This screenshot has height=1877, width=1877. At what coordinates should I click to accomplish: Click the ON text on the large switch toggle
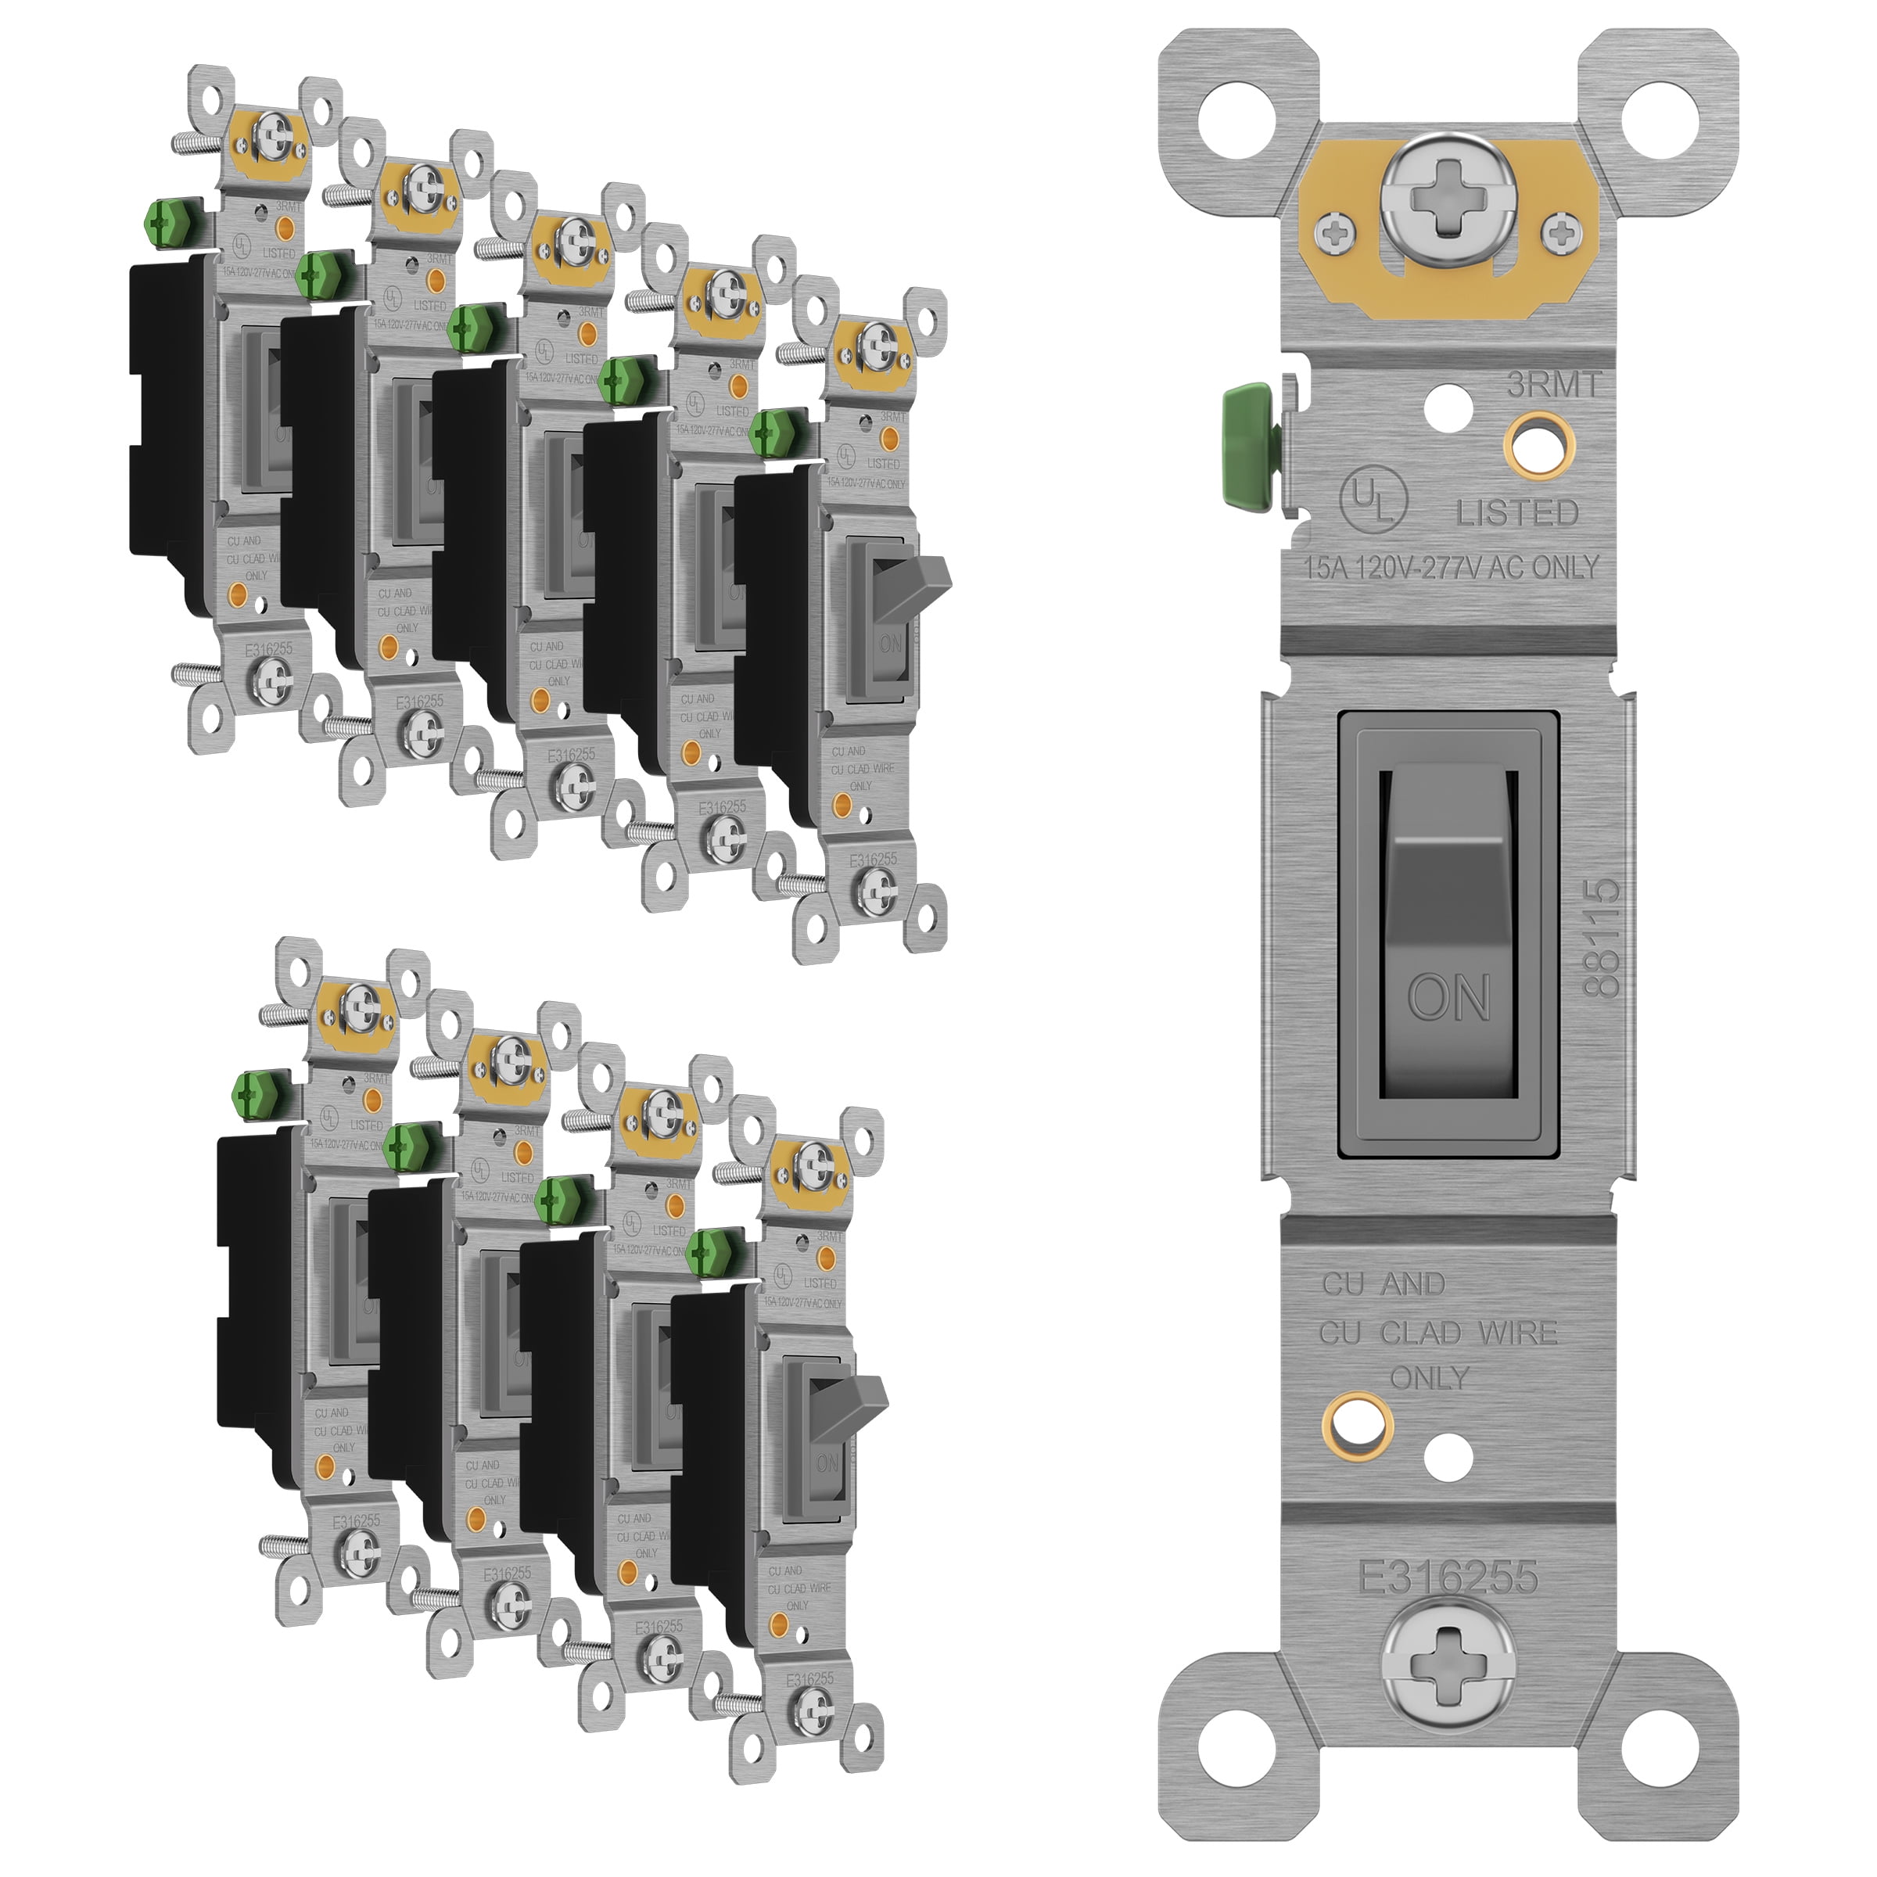pyautogui.click(x=1448, y=997)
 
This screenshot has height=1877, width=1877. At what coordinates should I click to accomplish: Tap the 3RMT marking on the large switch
pyautogui.click(x=1552, y=386)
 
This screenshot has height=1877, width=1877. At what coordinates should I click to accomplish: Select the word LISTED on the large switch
pyautogui.click(x=1516, y=513)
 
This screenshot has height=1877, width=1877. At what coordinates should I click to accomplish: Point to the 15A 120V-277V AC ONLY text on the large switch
pyautogui.click(x=1451, y=566)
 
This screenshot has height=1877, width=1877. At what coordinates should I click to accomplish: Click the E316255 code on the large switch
pyautogui.click(x=1448, y=1577)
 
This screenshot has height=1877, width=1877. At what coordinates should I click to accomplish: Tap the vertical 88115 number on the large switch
pyautogui.click(x=1602, y=938)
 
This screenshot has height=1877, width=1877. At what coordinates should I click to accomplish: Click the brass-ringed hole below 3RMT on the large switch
pyautogui.click(x=1540, y=447)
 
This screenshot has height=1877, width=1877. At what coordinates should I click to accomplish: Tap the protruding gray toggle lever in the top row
pyautogui.click(x=929, y=581)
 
